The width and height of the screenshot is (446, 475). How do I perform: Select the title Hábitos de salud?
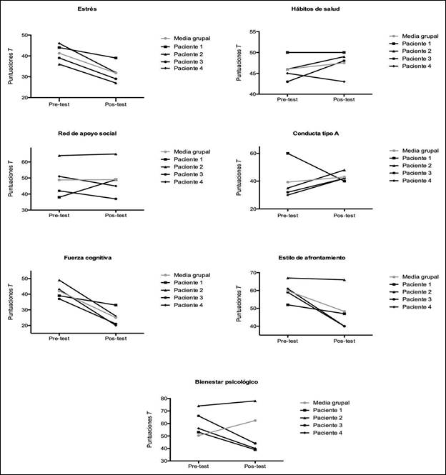coord(314,9)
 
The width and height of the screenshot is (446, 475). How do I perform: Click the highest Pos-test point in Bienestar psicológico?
coord(254,401)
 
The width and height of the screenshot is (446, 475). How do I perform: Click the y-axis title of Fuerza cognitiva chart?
coord(11,301)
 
